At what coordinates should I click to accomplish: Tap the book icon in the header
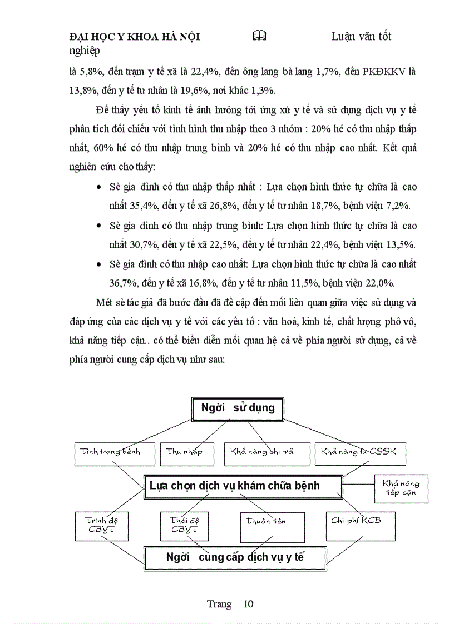(259, 36)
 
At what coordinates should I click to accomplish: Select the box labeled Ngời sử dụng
(238, 408)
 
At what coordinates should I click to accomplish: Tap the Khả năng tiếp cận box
(401, 488)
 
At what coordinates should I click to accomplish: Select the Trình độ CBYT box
(101, 526)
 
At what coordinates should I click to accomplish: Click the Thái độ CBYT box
(185, 526)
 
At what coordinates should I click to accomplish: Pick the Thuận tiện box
(272, 527)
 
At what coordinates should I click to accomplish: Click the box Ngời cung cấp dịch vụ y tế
(235, 557)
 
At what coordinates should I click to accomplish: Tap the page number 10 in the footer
(248, 605)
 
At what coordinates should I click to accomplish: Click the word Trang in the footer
(219, 605)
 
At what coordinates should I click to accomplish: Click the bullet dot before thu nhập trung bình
(98, 226)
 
